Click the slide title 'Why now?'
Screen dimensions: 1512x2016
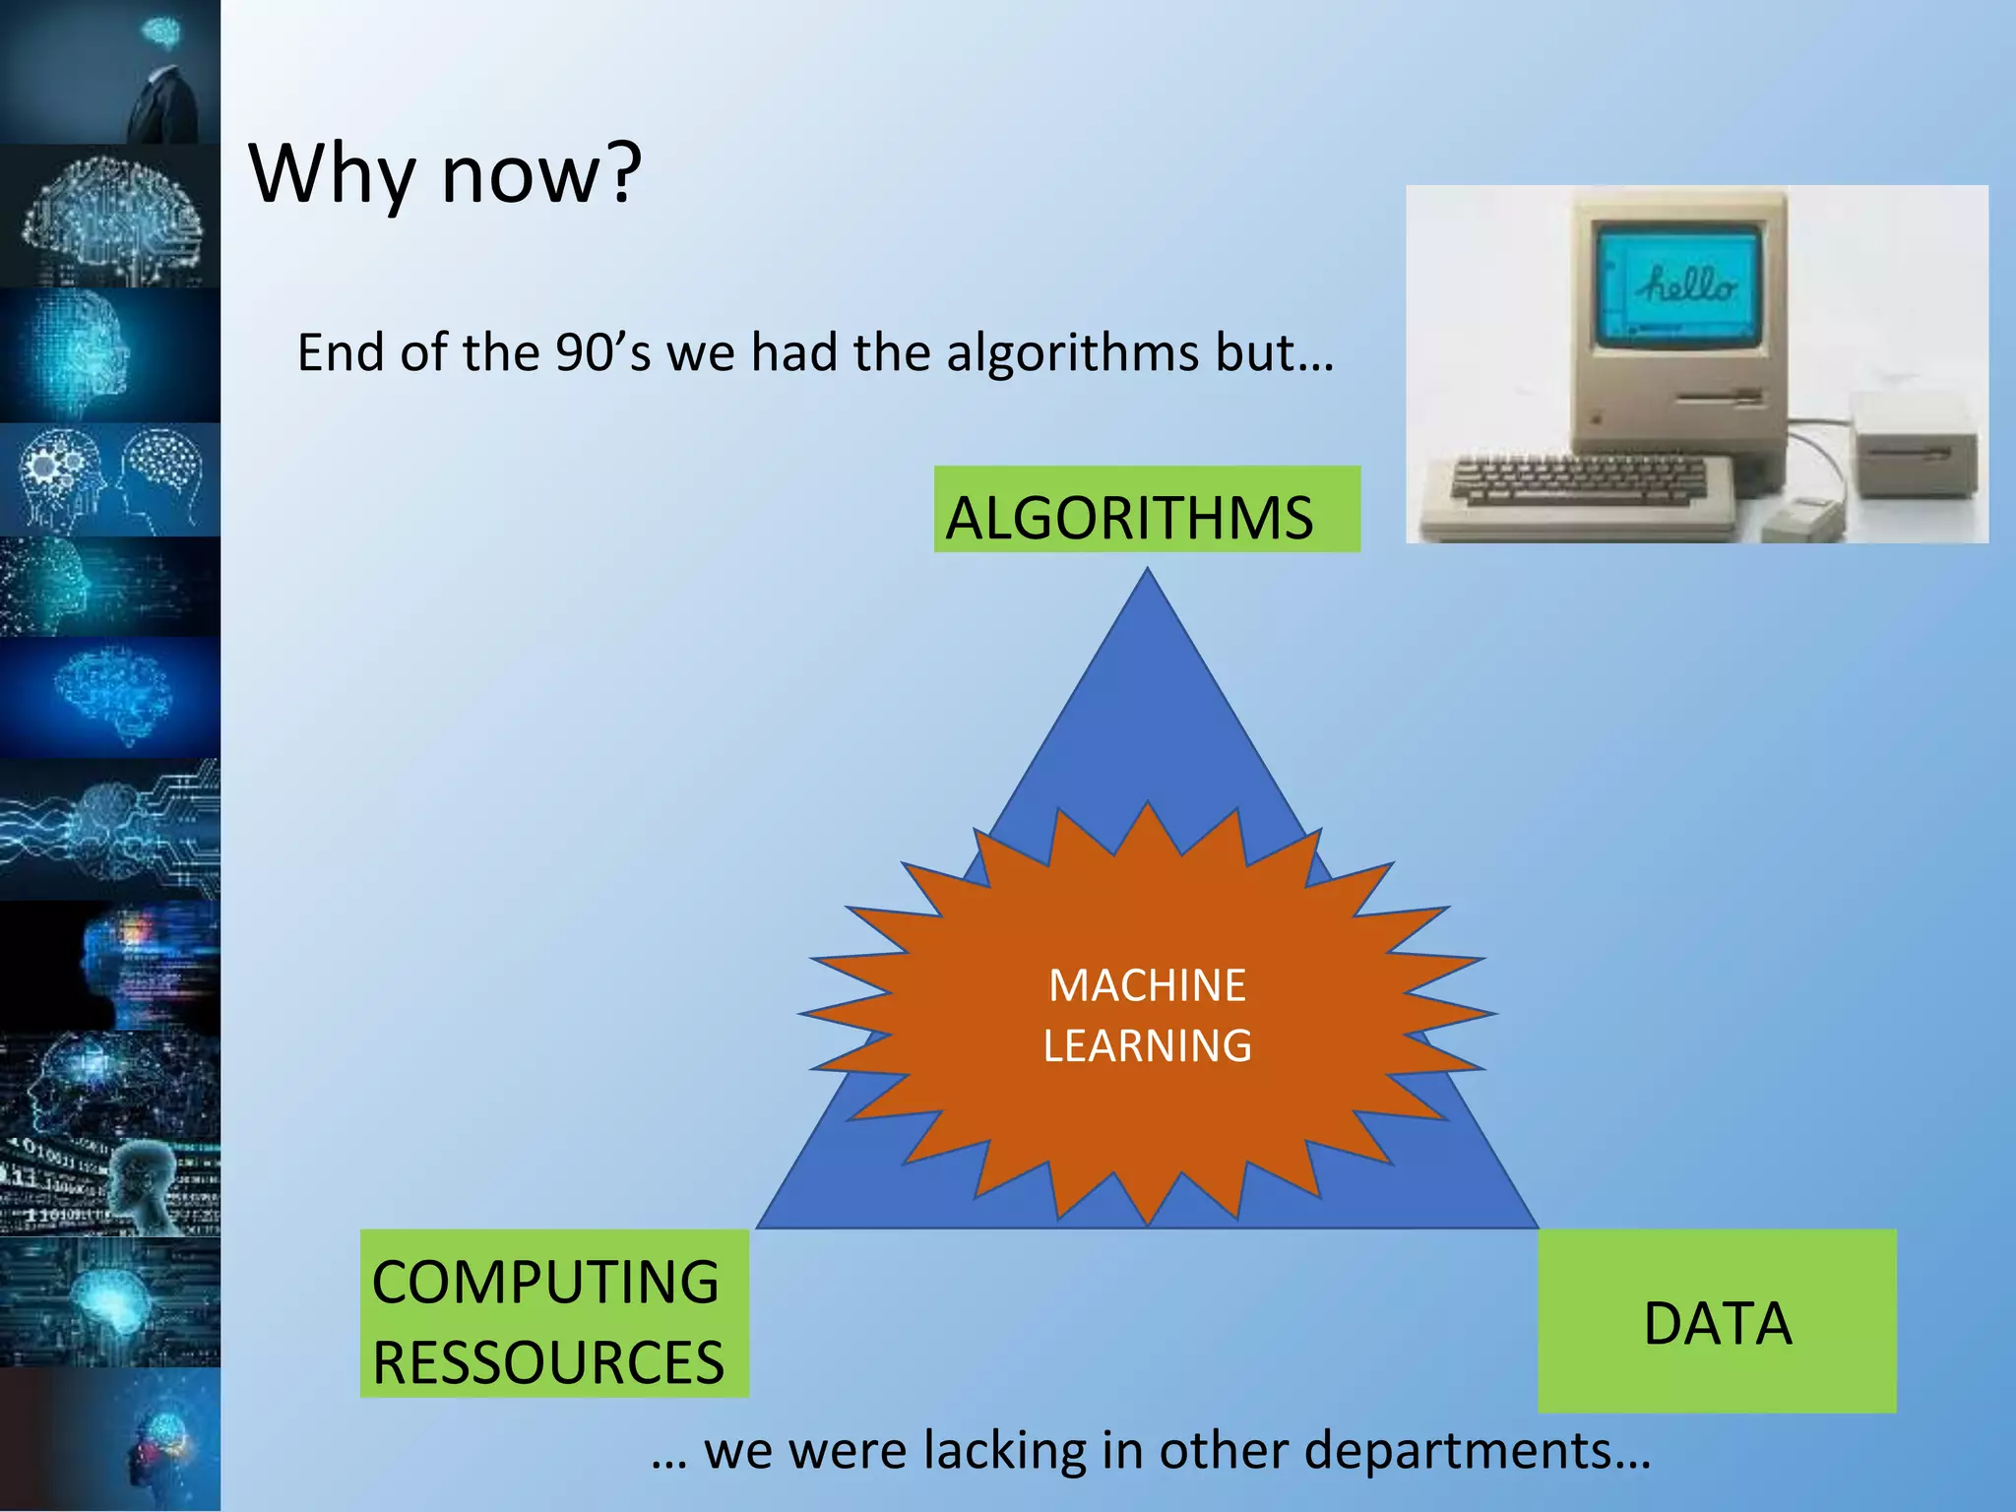click(445, 174)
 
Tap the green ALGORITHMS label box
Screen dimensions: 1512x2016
click(1146, 510)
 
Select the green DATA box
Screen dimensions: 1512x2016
click(1717, 1322)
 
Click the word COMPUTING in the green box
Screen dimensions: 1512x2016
click(545, 1283)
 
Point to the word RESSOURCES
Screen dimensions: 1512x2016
click(548, 1362)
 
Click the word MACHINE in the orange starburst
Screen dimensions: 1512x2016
click(1147, 985)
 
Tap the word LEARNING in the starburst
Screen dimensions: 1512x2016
click(1147, 1045)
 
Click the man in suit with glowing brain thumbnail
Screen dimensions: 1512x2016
click(110, 71)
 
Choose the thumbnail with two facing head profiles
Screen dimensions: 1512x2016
click(110, 480)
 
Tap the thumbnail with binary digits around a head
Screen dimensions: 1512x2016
click(110, 1186)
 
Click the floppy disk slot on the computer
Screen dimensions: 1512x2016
click(1719, 398)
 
